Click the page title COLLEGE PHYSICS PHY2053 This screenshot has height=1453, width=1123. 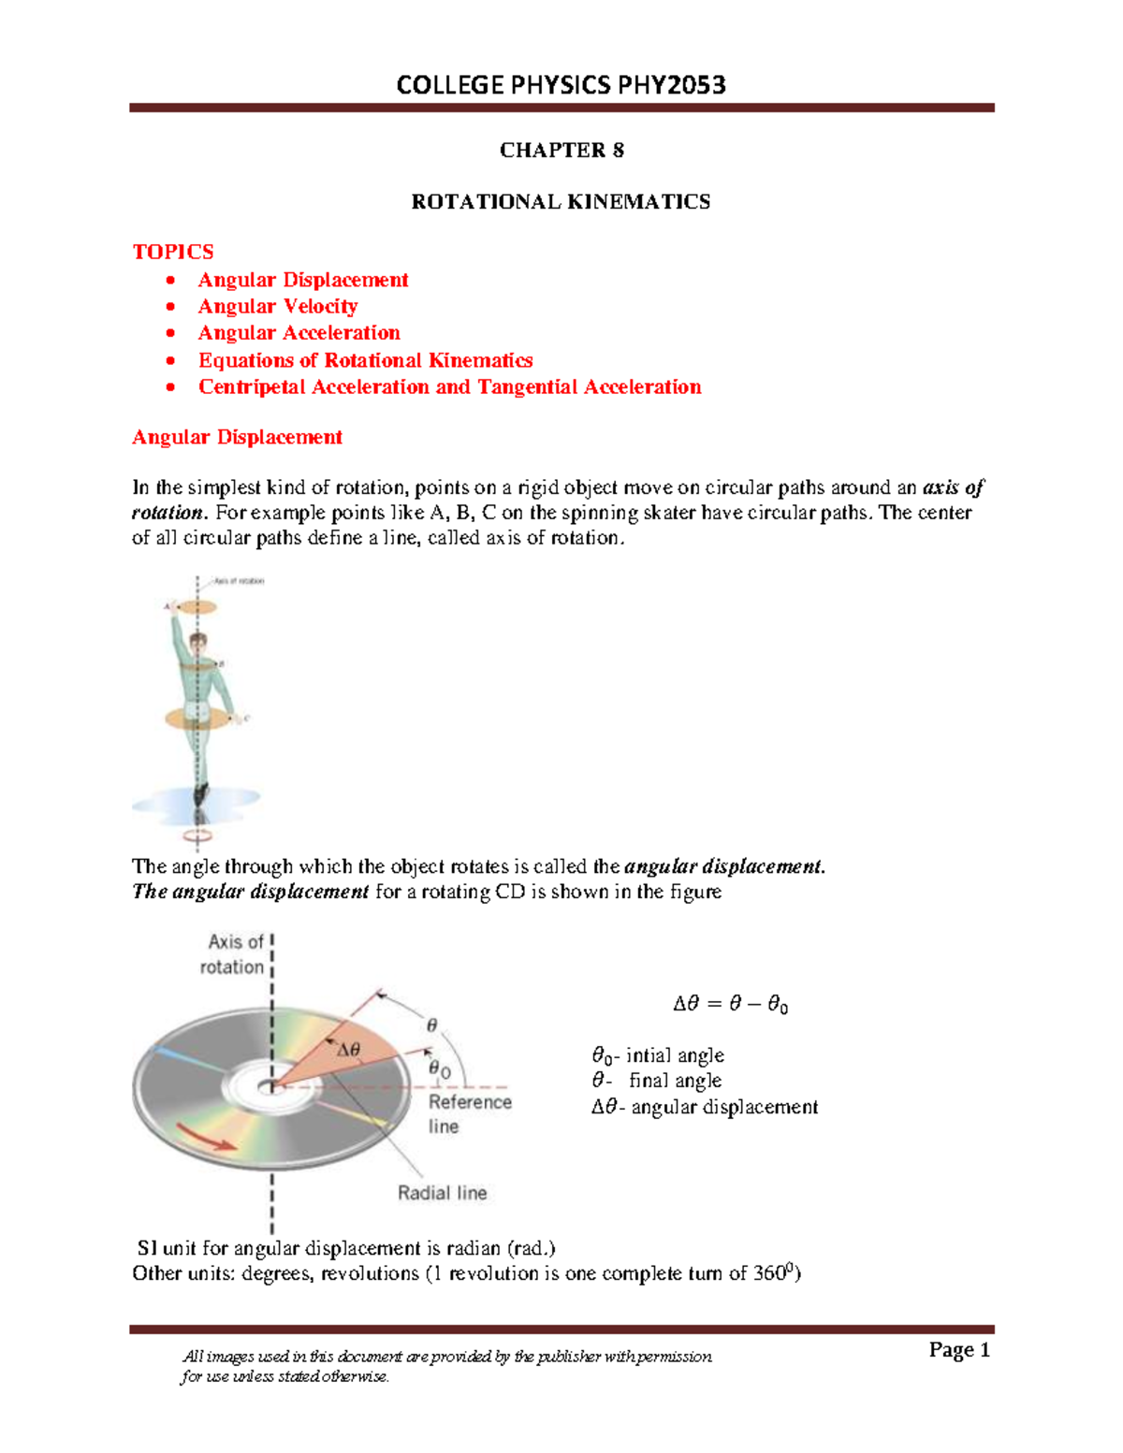pyautogui.click(x=561, y=85)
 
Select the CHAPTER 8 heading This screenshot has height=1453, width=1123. pyautogui.click(x=561, y=151)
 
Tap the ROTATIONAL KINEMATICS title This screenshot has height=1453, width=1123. pyautogui.click(x=561, y=202)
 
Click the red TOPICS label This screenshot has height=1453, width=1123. pyautogui.click(x=173, y=252)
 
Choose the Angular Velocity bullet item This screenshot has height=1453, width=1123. pyautogui.click(x=277, y=307)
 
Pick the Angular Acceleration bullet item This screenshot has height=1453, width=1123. pyautogui.click(x=299, y=333)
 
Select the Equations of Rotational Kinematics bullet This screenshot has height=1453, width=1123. pyautogui.click(x=365, y=360)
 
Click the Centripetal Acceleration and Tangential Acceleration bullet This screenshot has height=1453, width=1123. pyautogui.click(x=449, y=387)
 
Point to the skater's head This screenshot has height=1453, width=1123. pyautogui.click(x=197, y=643)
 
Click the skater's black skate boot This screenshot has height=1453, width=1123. pyautogui.click(x=199, y=794)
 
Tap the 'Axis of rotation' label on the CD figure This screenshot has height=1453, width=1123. pyautogui.click(x=234, y=954)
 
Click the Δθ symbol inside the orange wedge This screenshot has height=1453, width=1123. pyautogui.click(x=348, y=1051)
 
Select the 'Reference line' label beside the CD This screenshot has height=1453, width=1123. pyautogui.click(x=469, y=1113)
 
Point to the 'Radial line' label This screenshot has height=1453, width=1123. pyautogui.click(x=442, y=1193)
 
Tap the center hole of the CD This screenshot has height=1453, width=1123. pyautogui.click(x=270, y=1087)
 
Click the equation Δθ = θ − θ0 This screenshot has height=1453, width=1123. pyautogui.click(x=730, y=1005)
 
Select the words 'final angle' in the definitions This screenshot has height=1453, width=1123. pyautogui.click(x=675, y=1081)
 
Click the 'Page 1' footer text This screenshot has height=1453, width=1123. pyautogui.click(x=958, y=1349)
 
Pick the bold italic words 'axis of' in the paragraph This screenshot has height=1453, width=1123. pyautogui.click(x=953, y=487)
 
